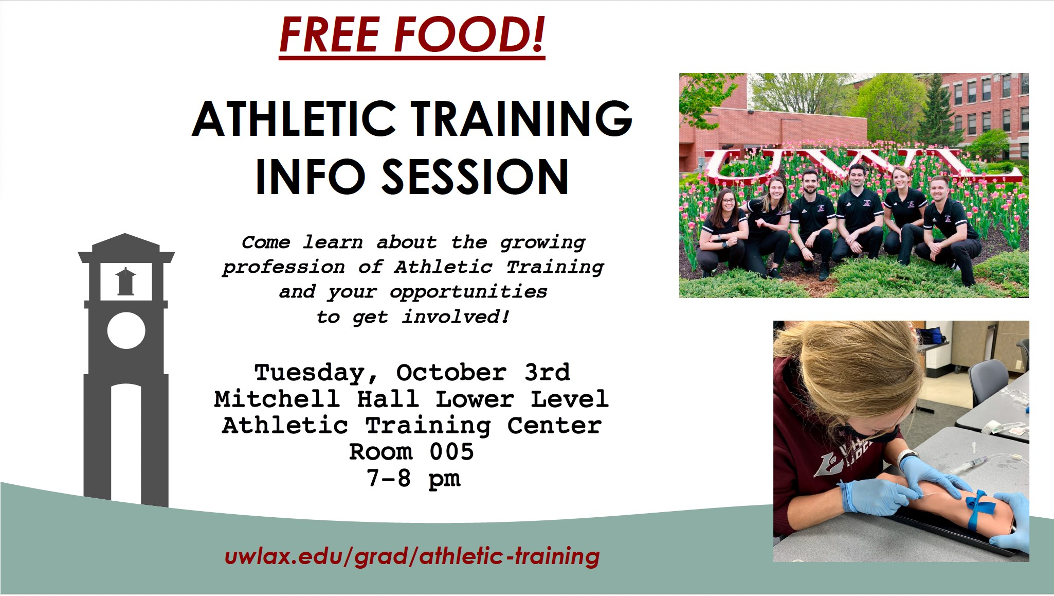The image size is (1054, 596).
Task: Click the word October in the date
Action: (x=451, y=372)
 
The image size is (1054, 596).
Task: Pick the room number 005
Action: (x=451, y=451)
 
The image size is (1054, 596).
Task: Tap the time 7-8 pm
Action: (x=413, y=479)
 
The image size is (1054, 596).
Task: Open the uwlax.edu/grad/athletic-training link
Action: (x=412, y=556)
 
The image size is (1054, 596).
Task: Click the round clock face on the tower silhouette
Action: (x=126, y=330)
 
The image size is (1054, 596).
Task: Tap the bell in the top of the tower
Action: (x=126, y=281)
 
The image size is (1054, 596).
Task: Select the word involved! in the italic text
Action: (x=456, y=317)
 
